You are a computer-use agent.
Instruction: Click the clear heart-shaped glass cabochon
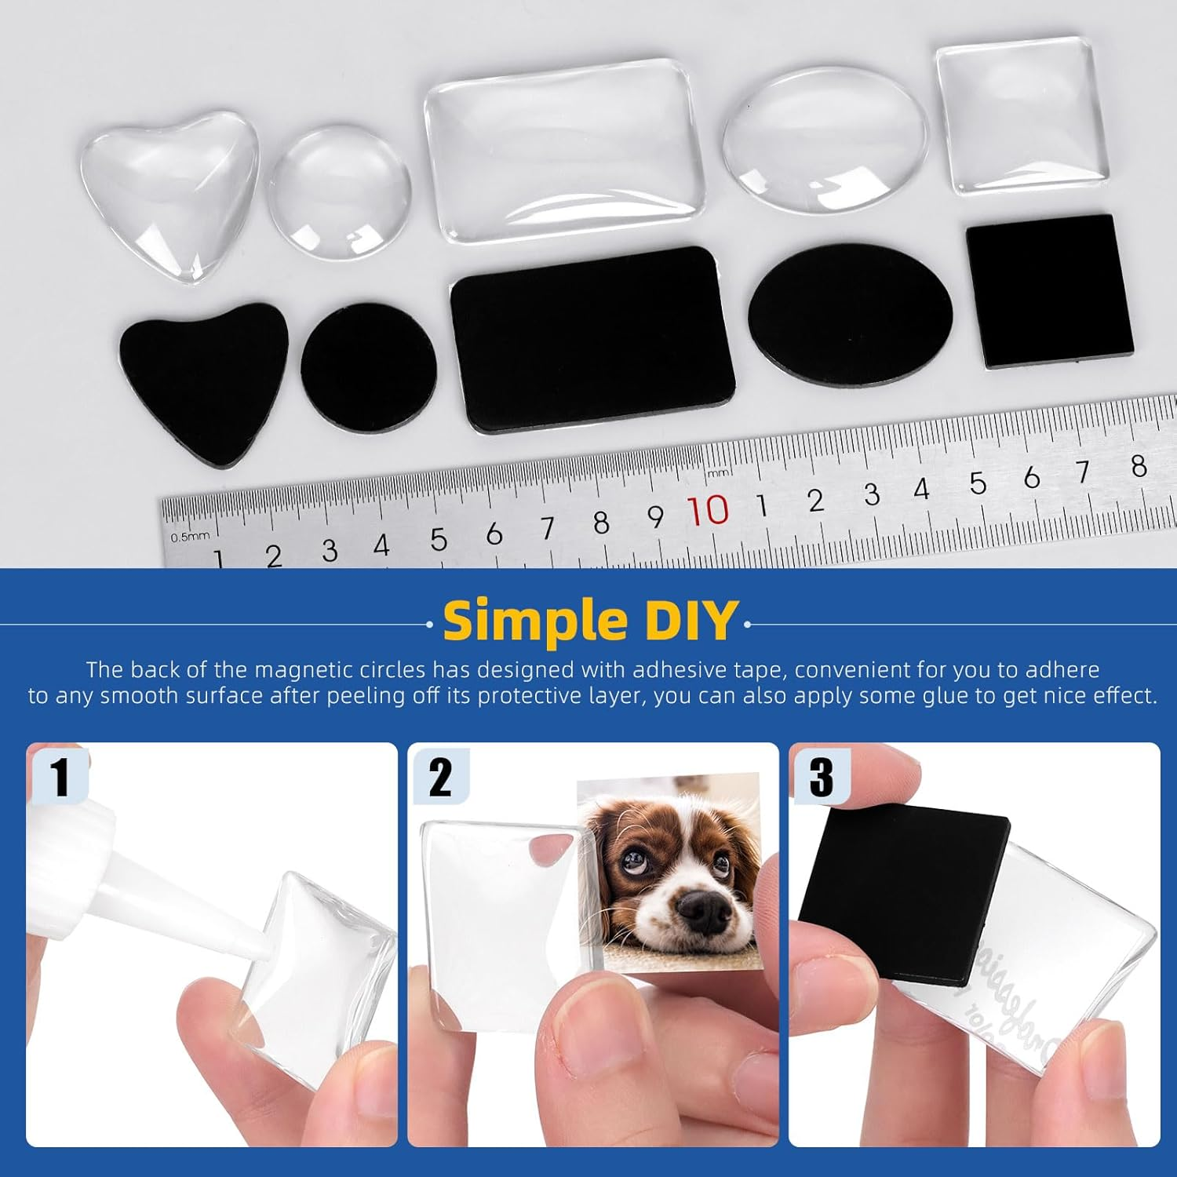(x=169, y=192)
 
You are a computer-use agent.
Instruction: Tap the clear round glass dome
(x=340, y=192)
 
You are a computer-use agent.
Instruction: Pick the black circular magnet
(x=368, y=367)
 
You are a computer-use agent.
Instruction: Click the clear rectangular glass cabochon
(x=563, y=149)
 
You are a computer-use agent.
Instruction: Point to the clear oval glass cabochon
(x=825, y=140)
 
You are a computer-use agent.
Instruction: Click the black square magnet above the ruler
(x=1050, y=290)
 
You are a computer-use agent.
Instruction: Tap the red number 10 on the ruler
(x=708, y=511)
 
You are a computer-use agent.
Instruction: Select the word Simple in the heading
(x=536, y=621)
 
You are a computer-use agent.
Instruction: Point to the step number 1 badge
(x=60, y=775)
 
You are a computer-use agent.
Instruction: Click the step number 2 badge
(x=440, y=775)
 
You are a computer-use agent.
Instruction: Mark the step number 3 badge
(x=821, y=775)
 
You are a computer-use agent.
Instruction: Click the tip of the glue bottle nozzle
(x=257, y=947)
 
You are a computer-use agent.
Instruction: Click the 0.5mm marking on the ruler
(x=190, y=537)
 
